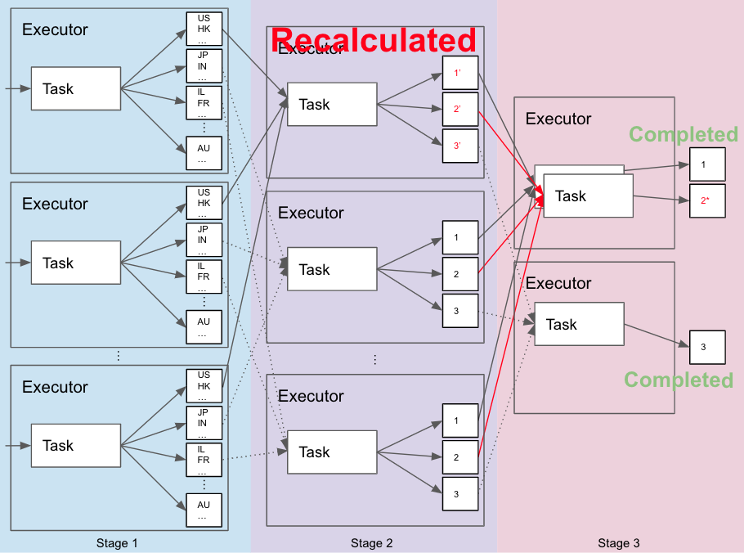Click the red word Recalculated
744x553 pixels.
374,40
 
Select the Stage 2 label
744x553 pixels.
372,543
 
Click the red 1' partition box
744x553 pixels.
459,74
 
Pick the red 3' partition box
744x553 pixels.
459,146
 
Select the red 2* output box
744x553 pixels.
707,200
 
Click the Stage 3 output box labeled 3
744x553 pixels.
707,348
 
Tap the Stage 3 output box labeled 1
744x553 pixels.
707,164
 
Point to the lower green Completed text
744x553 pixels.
679,380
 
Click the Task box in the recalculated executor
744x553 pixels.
331,105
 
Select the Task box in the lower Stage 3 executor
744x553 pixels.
579,325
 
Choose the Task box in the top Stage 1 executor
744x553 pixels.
75,89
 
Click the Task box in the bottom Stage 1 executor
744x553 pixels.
75,446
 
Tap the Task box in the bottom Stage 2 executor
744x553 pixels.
331,452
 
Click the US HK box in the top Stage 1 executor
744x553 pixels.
204,29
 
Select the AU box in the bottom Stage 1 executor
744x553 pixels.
204,510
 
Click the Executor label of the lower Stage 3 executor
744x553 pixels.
558,284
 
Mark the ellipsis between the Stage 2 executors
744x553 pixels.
375,359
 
